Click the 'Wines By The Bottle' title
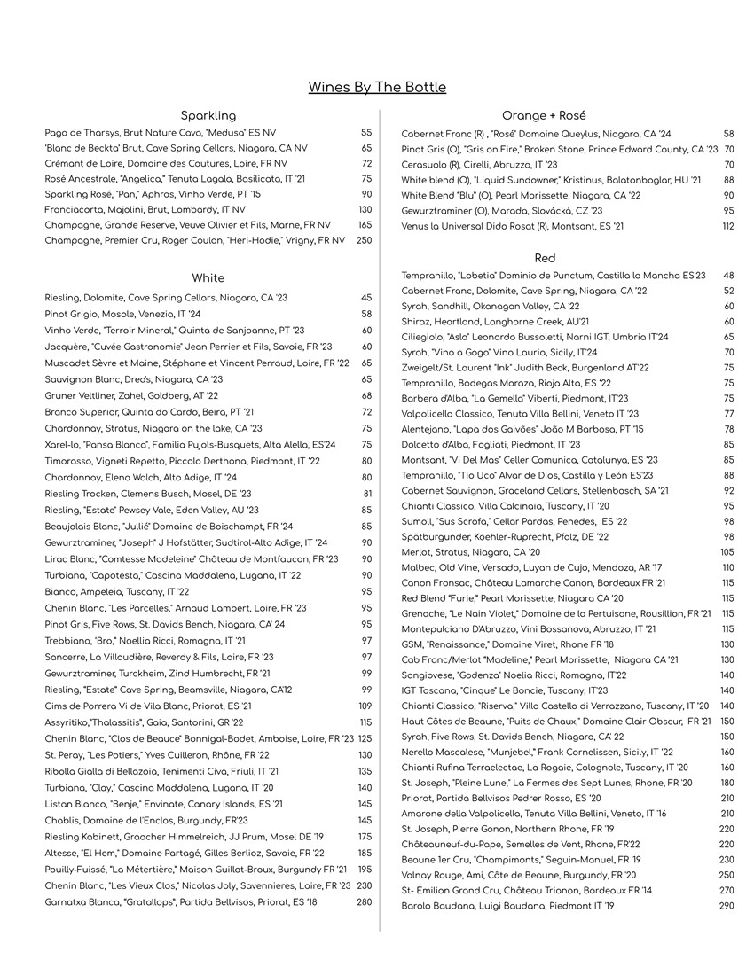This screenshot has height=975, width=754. (x=377, y=87)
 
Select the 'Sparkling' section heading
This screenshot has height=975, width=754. (x=208, y=115)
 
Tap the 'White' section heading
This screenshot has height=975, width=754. (x=208, y=278)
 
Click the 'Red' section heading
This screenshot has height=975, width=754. (x=546, y=258)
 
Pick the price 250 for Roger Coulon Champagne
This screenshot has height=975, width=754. (x=364, y=240)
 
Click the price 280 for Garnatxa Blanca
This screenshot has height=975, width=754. (x=364, y=902)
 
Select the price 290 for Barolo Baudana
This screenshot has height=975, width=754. (x=727, y=906)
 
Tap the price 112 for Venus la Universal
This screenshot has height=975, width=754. (x=727, y=226)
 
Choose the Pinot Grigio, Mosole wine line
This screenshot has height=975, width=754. (x=122, y=314)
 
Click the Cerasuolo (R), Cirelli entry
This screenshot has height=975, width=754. (x=479, y=165)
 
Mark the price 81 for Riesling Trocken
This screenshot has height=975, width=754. (x=367, y=494)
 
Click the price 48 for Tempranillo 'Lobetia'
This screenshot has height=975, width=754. (x=729, y=276)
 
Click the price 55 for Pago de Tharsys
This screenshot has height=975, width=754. (x=366, y=133)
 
